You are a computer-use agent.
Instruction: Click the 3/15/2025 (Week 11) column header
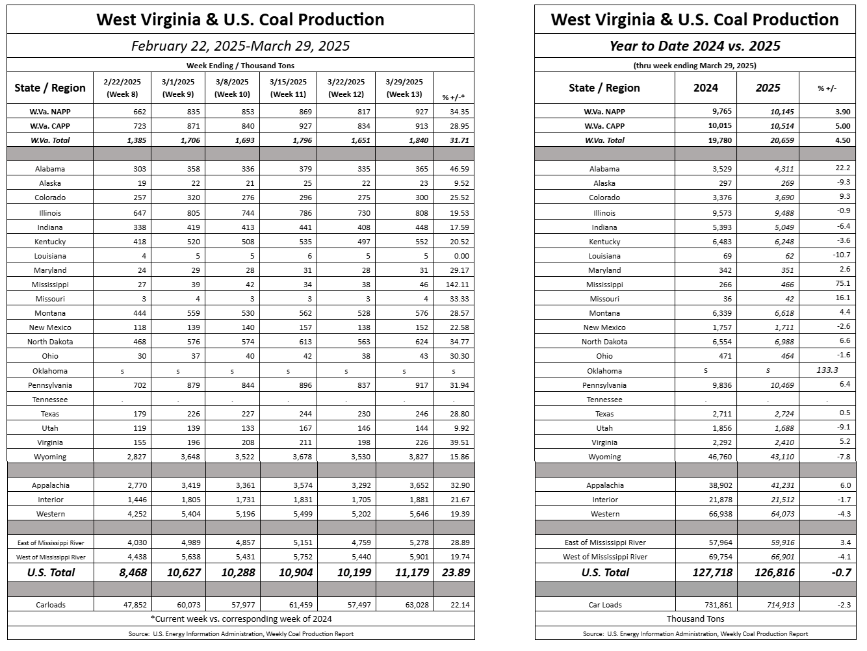[288, 88]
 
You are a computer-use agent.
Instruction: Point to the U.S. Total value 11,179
[412, 572]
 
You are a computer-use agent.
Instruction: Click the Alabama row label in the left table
[50, 169]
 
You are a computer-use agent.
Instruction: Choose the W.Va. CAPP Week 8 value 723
[140, 126]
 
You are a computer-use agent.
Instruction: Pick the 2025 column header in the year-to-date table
[768, 88]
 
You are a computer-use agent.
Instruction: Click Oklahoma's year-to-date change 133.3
[827, 370]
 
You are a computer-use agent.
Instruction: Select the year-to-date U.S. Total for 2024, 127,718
[712, 572]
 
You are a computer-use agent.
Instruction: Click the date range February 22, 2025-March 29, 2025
[240, 45]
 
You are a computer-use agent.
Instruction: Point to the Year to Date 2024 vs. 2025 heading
[695, 45]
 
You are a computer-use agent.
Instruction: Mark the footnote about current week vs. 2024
[241, 619]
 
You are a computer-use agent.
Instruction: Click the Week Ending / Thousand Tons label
[240, 66]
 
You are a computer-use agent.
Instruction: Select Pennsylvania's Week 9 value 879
[193, 385]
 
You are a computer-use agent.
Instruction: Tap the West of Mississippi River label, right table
[605, 557]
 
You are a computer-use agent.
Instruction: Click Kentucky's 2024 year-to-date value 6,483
[722, 242]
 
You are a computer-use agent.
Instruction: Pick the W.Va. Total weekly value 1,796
[302, 140]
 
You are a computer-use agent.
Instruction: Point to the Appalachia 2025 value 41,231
[782, 485]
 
